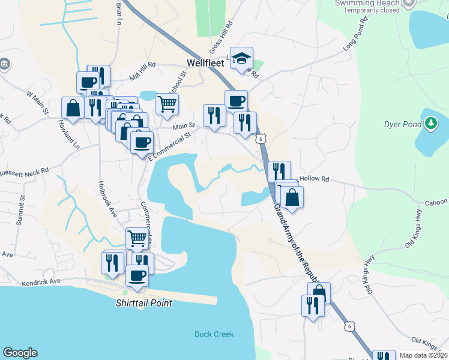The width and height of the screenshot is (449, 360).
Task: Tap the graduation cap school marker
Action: [x=242, y=59]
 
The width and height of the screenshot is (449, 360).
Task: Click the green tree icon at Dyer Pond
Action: [x=430, y=124]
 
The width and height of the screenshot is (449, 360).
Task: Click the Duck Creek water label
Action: [x=214, y=334]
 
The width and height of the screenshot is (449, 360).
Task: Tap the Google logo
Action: [x=20, y=353]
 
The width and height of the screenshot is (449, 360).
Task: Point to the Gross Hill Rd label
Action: [x=221, y=37]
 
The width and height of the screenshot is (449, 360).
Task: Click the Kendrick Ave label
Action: [x=41, y=281]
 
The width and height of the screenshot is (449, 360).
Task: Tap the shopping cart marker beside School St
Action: [x=167, y=104]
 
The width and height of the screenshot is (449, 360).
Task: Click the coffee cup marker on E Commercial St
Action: [x=142, y=143]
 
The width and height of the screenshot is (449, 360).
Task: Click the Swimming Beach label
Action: [x=367, y=3]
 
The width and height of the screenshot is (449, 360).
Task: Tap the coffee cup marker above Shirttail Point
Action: [x=137, y=275]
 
